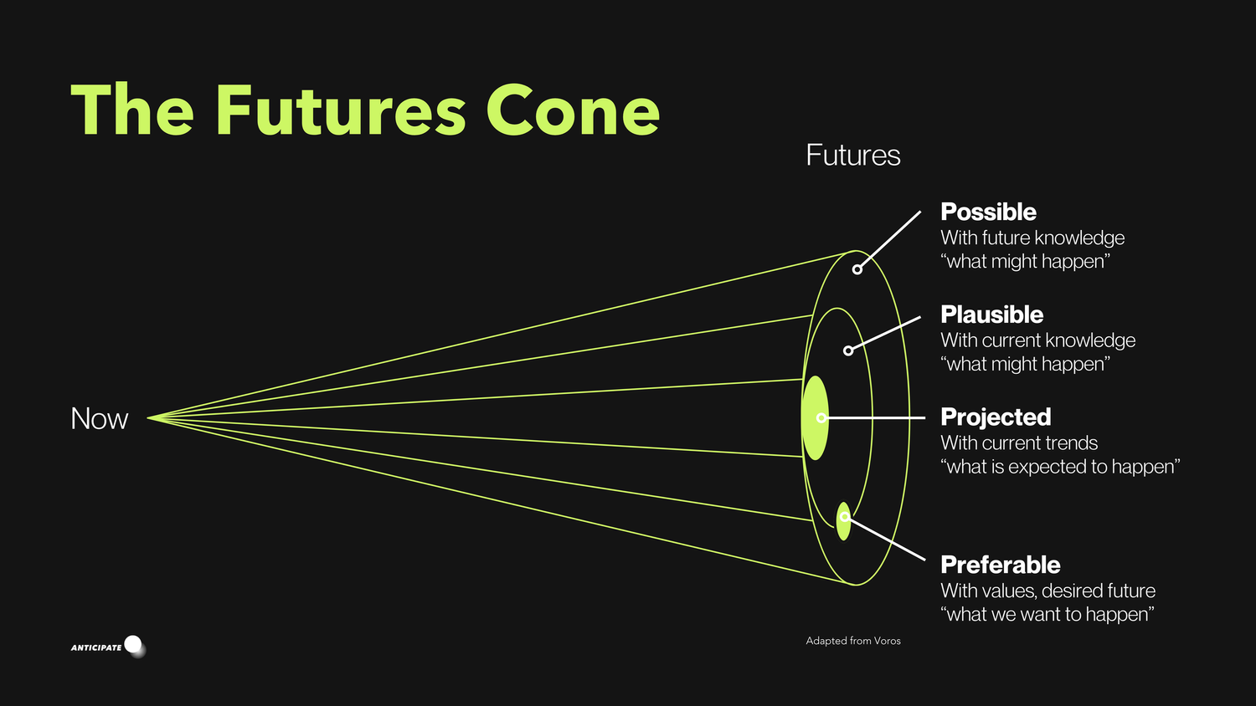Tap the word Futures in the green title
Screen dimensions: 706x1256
pos(340,110)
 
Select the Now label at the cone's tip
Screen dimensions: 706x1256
pos(99,418)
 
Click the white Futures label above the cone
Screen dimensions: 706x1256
pos(852,156)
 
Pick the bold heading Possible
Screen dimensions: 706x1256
pos(988,212)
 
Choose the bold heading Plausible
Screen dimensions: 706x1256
pos(991,315)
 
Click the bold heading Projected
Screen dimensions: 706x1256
pos(996,417)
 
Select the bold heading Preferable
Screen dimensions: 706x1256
pos(1000,565)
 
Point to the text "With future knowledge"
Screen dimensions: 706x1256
pos(1032,238)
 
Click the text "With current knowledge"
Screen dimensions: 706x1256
pos(1037,340)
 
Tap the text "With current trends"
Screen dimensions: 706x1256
pos(1018,443)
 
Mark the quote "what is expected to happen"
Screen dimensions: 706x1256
pos(1059,467)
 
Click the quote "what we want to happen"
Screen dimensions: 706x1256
pos(1047,615)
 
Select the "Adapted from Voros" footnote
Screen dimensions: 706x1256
pos(852,641)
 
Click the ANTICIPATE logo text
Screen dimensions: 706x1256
pos(95,647)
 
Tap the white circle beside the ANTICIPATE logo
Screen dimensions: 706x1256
pos(133,644)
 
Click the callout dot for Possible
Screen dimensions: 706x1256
pos(857,269)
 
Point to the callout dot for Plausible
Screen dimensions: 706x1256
pos(847,350)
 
